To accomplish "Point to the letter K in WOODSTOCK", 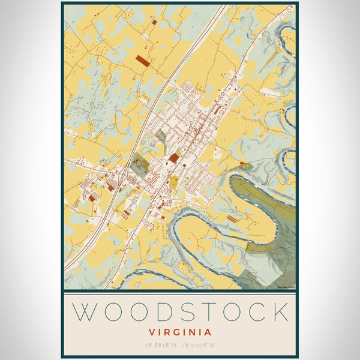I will tap(279, 312).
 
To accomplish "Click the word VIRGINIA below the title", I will tap(179, 332).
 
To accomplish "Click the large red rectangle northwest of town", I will tap(143, 60).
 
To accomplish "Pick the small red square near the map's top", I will tap(154, 22).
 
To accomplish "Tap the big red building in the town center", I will tap(173, 158).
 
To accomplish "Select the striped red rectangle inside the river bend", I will tap(232, 219).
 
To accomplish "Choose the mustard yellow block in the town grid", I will tap(173, 182).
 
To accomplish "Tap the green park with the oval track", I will tap(139, 165).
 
